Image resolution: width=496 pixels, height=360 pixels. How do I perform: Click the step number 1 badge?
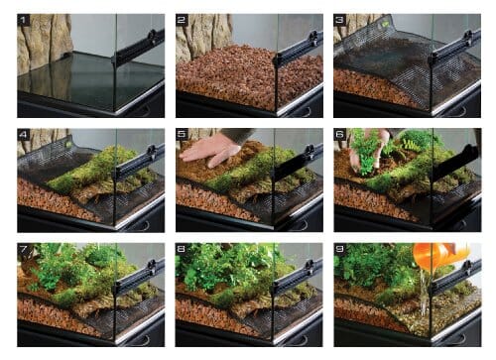pos(25,20)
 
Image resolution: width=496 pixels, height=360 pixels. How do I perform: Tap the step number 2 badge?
pos(184,20)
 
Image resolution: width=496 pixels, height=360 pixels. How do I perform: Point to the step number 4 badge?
pos(25,135)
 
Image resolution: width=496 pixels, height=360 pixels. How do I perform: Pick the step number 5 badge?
pos(184,135)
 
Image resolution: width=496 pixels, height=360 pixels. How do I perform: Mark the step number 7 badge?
pos(25,249)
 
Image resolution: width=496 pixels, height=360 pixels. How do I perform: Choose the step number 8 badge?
pos(184,249)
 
